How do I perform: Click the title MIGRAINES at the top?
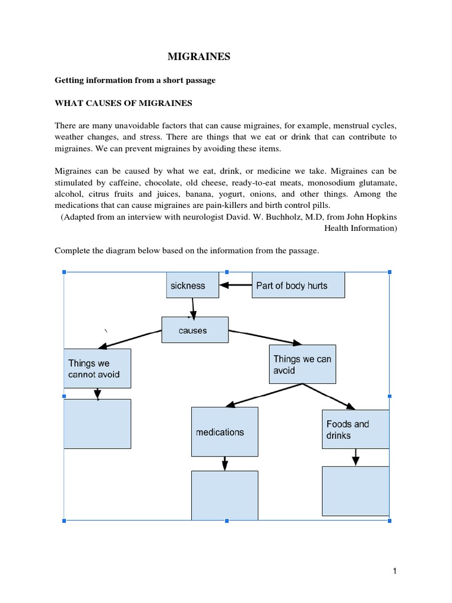click(199, 57)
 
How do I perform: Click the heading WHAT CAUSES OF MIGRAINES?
click(124, 103)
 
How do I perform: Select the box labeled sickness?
click(192, 286)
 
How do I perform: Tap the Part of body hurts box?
click(298, 286)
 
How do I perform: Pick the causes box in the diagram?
click(192, 330)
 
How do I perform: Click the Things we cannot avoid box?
click(97, 369)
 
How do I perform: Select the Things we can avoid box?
click(303, 365)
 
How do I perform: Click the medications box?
click(224, 432)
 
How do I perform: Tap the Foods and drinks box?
click(355, 430)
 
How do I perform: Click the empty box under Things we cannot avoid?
click(97, 423)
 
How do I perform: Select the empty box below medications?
click(224, 495)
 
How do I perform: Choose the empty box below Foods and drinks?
click(355, 491)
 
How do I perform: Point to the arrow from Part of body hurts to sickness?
click(235, 286)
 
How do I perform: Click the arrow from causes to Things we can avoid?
click(265, 337)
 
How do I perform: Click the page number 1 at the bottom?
click(395, 571)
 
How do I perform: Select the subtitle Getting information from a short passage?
click(135, 80)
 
